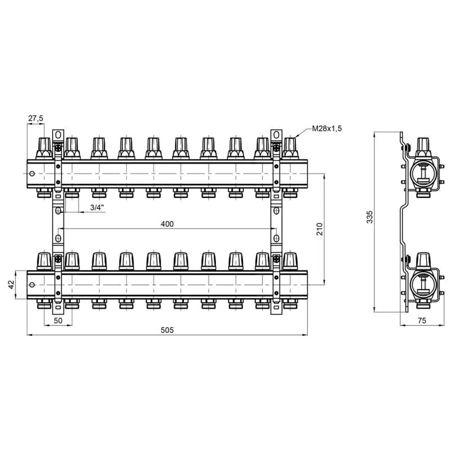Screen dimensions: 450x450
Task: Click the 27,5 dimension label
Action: (35, 118)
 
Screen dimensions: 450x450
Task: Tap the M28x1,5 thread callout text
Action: (327, 128)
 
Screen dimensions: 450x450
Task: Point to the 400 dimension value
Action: (167, 224)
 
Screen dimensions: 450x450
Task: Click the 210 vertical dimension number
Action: (319, 229)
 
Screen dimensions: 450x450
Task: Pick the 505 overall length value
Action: (167, 330)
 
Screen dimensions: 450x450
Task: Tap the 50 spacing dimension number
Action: (58, 320)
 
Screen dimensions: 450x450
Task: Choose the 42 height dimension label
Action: (11, 284)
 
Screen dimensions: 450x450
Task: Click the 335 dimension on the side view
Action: (370, 217)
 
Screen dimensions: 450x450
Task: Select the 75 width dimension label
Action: (422, 320)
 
